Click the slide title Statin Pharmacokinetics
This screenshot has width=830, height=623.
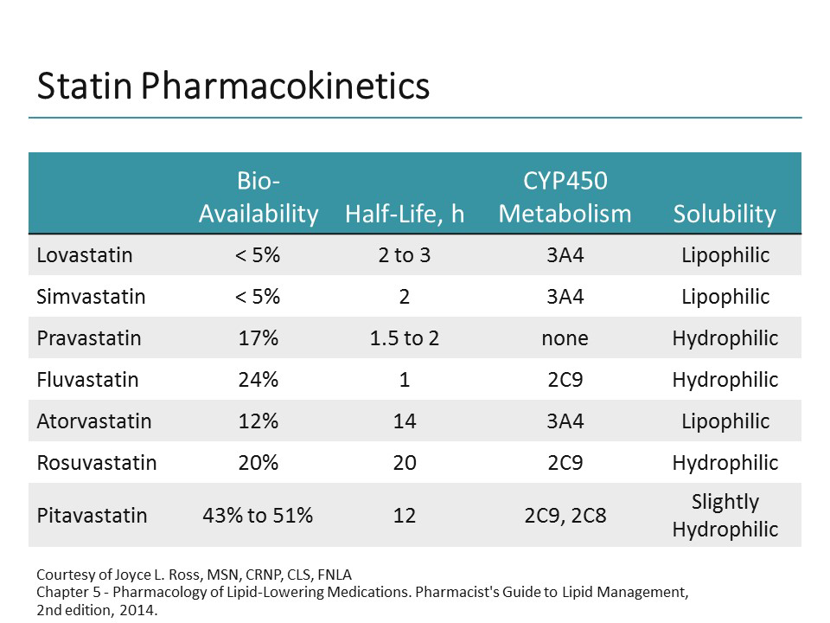[x=233, y=87]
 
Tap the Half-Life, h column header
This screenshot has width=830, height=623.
[x=405, y=214]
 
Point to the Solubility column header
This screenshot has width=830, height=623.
[x=725, y=214]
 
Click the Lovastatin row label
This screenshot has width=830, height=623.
[x=85, y=255]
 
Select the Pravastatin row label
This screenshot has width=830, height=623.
[x=88, y=338]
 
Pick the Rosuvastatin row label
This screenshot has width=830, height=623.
[x=96, y=463]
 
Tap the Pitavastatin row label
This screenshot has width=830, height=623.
[x=92, y=515]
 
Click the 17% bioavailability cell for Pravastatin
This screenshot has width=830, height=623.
[x=259, y=338]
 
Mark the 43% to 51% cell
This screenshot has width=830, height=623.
[x=259, y=515]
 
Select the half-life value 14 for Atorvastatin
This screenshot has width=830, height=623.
[x=405, y=421]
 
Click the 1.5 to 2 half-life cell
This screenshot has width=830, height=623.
[x=405, y=338]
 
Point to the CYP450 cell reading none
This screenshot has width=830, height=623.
[x=565, y=338]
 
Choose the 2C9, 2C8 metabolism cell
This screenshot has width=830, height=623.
[x=565, y=515]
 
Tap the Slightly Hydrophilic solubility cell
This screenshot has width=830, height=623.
[x=725, y=515]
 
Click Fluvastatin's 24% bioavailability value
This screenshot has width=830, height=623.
[x=259, y=380]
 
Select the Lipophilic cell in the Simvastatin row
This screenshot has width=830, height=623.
[x=725, y=297]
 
